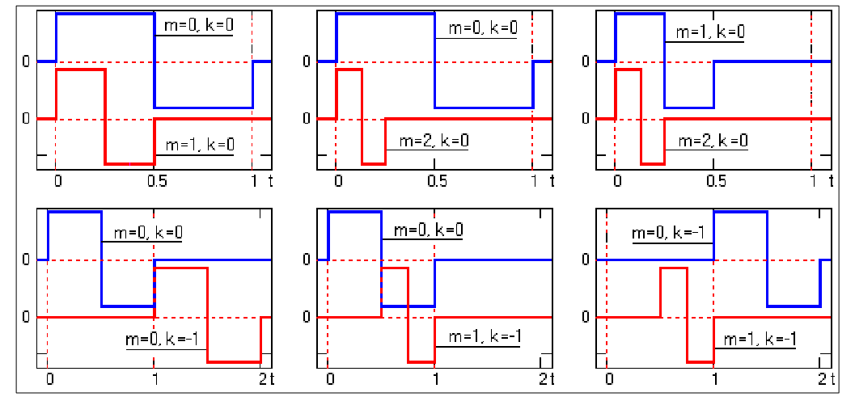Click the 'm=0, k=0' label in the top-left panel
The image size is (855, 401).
pyautogui.click(x=202, y=26)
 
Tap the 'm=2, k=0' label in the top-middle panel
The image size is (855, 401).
pyautogui.click(x=434, y=141)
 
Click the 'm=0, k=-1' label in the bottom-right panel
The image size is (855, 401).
pyautogui.click(x=671, y=234)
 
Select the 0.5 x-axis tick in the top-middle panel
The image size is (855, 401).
pyautogui.click(x=434, y=182)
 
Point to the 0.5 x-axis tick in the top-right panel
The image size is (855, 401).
pyautogui.click(x=713, y=182)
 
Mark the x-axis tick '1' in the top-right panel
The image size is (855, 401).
pyautogui.click(x=811, y=182)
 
